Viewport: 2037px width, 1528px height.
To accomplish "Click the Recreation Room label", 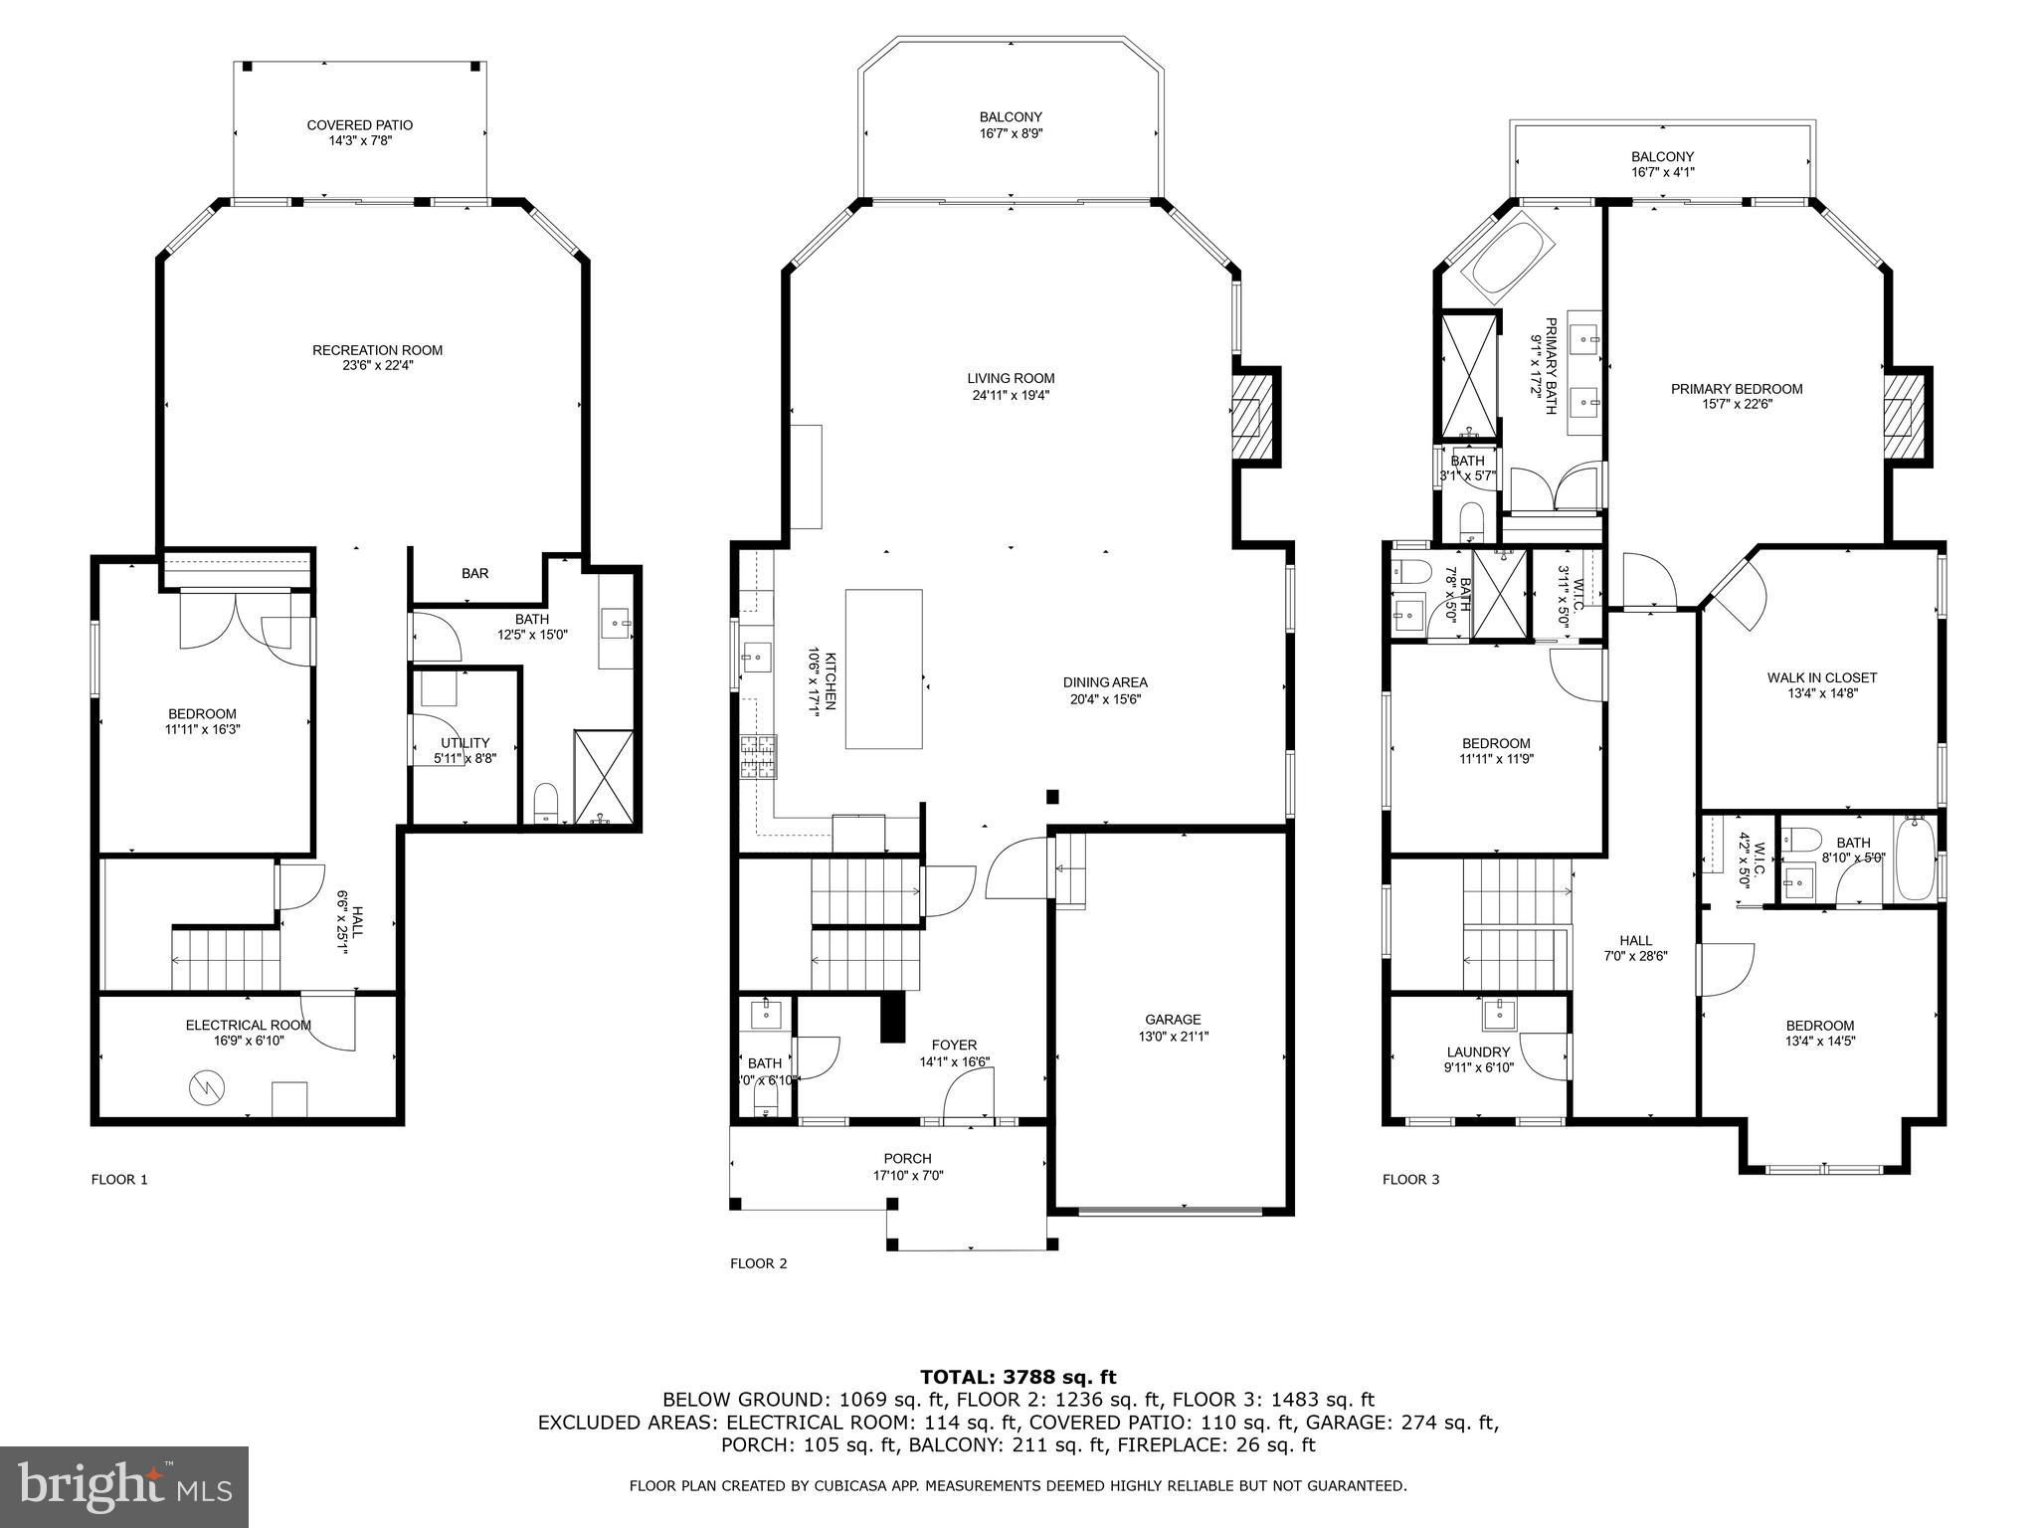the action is click(x=377, y=350).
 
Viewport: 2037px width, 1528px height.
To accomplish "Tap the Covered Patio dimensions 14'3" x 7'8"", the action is click(x=360, y=141).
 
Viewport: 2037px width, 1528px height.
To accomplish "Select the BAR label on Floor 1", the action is click(x=474, y=574).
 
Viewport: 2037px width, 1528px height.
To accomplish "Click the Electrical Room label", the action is click(x=249, y=1025).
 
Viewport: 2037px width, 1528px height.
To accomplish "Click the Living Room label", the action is click(x=1011, y=378).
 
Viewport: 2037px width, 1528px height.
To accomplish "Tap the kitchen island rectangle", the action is click(x=884, y=668).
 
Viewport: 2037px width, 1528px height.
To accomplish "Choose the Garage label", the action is click(x=1173, y=1020).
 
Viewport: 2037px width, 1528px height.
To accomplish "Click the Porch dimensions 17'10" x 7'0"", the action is click(x=907, y=1175).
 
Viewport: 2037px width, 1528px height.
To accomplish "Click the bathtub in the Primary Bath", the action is click(x=1506, y=260).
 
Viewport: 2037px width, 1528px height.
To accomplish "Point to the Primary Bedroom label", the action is click(x=1737, y=389).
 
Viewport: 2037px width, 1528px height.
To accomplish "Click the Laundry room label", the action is click(x=1478, y=1052).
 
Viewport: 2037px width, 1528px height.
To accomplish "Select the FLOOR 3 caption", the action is click(x=1410, y=1180).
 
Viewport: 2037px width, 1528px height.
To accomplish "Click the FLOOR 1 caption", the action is click(x=119, y=1180).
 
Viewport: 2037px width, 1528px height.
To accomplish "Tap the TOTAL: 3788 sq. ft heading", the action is click(x=1018, y=1378).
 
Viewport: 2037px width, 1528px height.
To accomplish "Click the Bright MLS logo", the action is click(x=124, y=1486).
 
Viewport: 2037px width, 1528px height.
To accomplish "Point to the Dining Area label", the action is click(x=1105, y=682).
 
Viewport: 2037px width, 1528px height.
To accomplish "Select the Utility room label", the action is click(x=464, y=743).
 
